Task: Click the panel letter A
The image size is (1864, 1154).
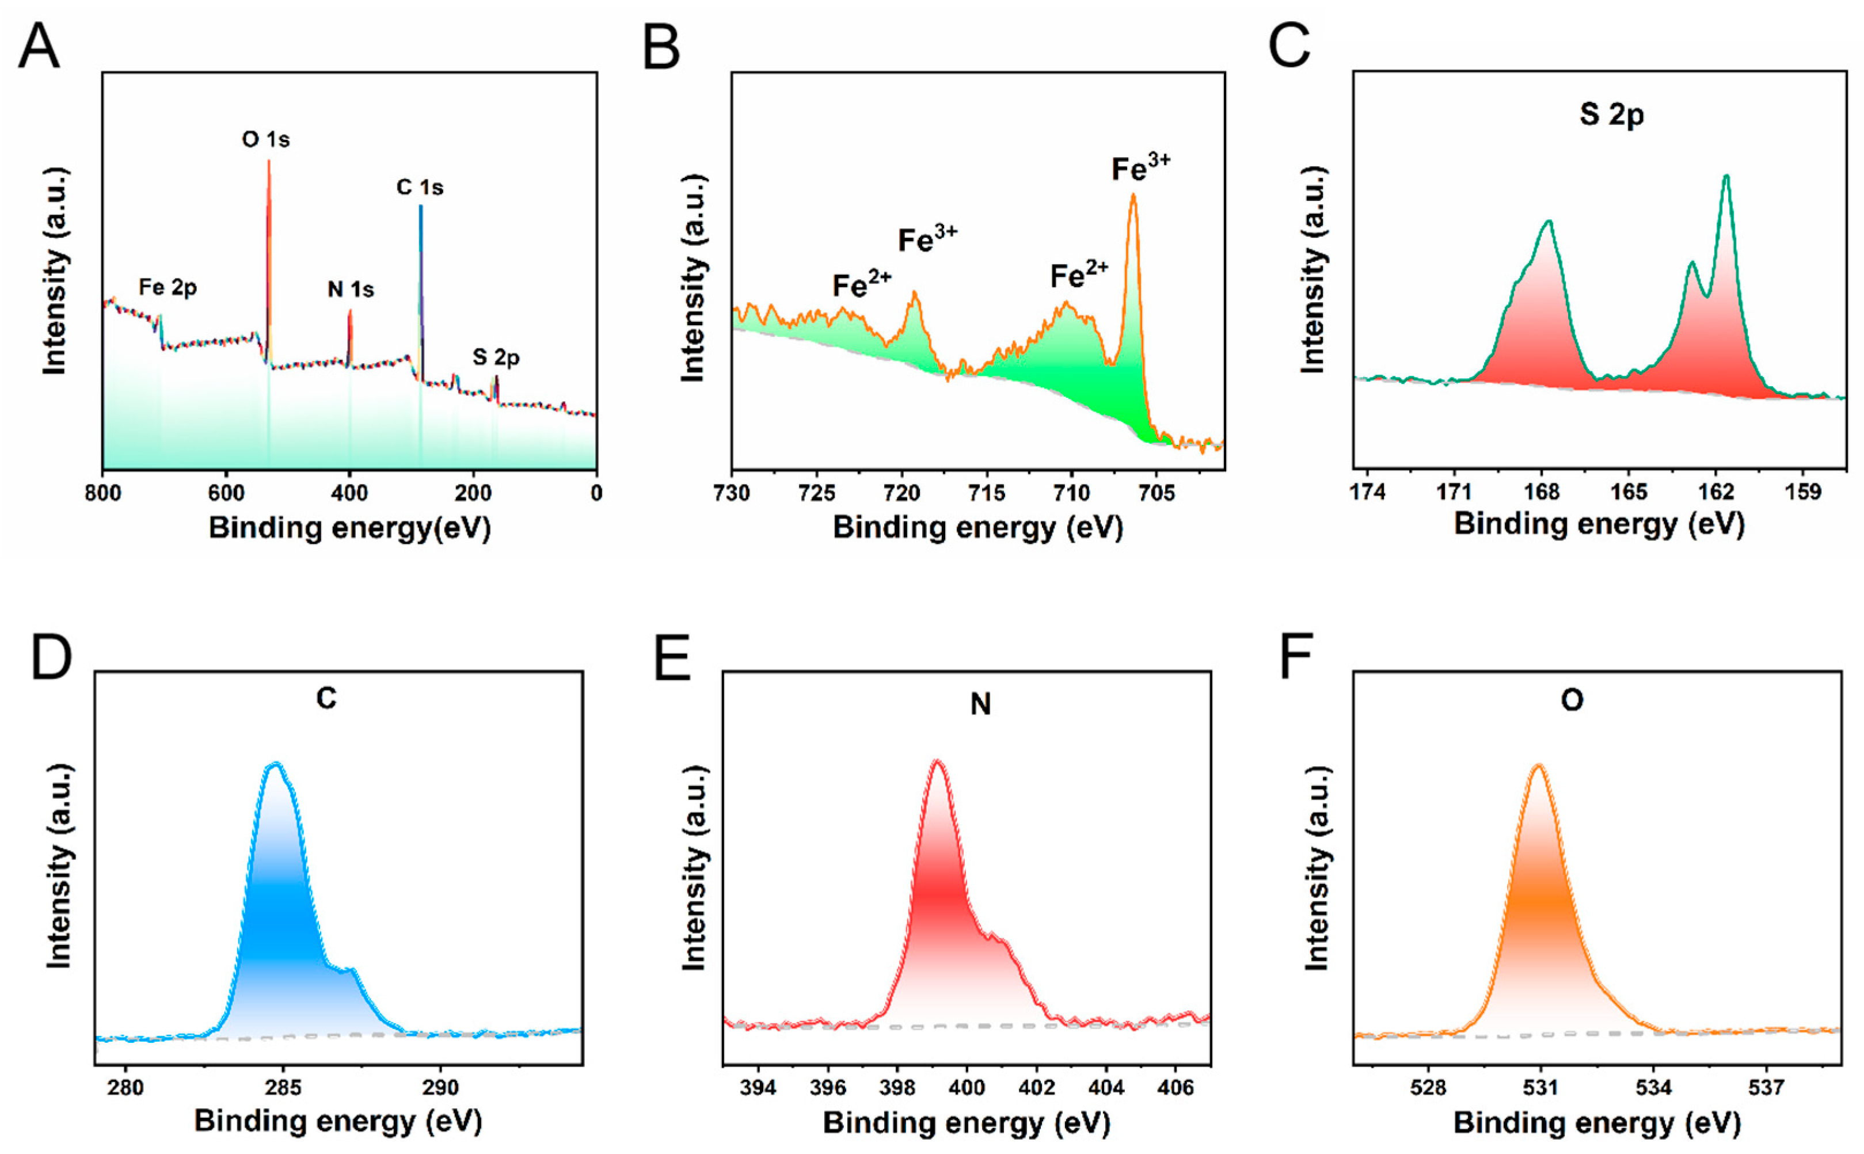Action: click(x=38, y=47)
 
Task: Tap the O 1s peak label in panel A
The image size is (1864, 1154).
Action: click(x=265, y=140)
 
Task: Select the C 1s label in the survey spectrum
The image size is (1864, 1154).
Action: click(x=420, y=187)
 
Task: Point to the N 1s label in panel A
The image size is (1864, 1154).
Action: click(x=351, y=290)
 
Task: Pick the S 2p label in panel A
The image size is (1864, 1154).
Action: click(x=496, y=357)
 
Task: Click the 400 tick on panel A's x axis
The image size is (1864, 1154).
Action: click(x=349, y=493)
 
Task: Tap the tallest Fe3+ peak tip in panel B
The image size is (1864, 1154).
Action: click(x=1133, y=195)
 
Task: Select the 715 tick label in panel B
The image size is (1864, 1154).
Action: click(x=987, y=493)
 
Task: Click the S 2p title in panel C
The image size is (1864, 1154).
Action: click(x=1611, y=115)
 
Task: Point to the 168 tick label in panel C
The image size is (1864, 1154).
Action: click(x=1542, y=492)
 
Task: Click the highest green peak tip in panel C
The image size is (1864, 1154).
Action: click(x=1726, y=177)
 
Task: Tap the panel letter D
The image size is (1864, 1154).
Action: click(x=51, y=657)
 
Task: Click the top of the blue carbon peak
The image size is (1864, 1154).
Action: click(x=276, y=763)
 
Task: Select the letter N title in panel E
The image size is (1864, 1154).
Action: click(x=980, y=704)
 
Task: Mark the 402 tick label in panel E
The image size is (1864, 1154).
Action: click(x=1037, y=1087)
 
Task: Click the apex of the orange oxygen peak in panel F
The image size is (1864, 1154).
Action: click(x=1538, y=765)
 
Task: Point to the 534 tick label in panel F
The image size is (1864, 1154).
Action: click(x=1653, y=1087)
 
